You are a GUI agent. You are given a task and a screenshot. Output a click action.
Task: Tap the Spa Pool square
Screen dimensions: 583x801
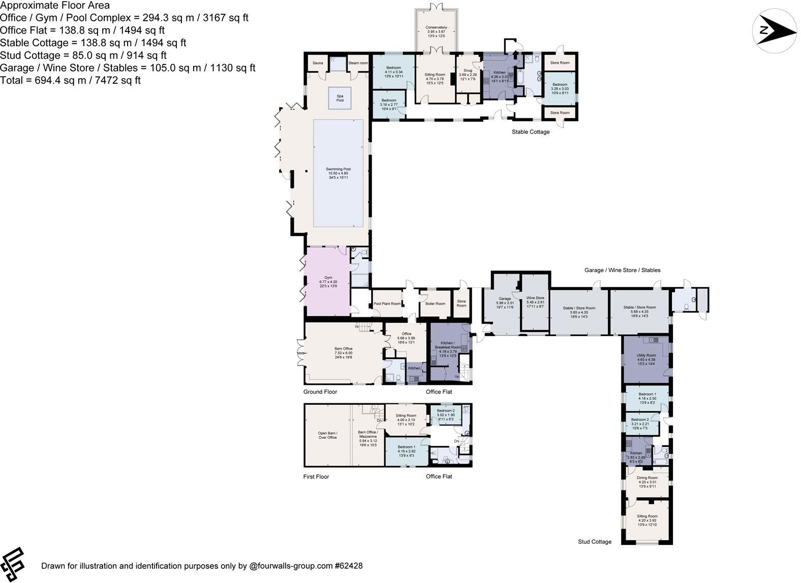click(x=340, y=98)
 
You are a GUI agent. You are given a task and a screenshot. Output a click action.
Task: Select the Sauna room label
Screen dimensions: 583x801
click(x=318, y=63)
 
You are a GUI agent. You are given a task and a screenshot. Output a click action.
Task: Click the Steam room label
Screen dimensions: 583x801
click(x=358, y=63)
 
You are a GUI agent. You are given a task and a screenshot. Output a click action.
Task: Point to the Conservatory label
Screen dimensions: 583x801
click(x=436, y=27)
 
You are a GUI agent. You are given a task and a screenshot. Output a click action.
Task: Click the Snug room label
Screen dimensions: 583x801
click(x=468, y=71)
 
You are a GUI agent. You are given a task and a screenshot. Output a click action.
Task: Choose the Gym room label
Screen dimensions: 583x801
click(x=328, y=278)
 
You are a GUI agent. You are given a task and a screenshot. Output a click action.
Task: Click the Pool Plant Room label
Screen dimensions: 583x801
click(x=387, y=304)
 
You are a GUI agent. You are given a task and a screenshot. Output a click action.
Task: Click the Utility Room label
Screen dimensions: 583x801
click(x=646, y=355)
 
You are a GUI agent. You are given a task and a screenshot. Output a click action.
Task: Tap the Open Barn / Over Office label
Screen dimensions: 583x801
click(x=328, y=435)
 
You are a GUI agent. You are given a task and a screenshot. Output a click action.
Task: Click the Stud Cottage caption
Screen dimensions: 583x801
click(x=595, y=542)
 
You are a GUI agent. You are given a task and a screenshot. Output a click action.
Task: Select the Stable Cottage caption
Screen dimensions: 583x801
click(x=531, y=132)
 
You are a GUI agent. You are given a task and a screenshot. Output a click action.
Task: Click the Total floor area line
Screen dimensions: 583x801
click(x=70, y=80)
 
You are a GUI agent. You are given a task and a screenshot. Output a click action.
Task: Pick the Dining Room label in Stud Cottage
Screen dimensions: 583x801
click(x=647, y=478)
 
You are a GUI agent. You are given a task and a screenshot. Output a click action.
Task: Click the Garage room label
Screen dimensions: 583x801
click(x=504, y=299)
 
